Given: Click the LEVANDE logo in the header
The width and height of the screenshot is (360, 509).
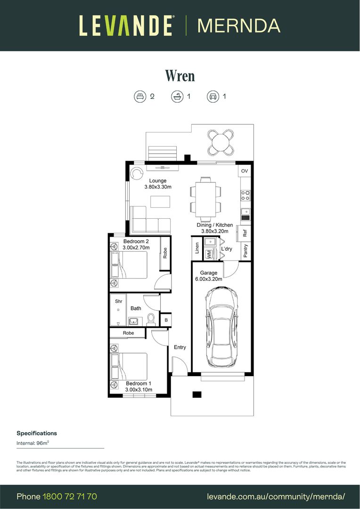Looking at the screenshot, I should [126, 25].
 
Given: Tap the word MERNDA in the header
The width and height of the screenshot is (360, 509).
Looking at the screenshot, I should [239, 25].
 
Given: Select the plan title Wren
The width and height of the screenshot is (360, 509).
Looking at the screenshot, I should [180, 75].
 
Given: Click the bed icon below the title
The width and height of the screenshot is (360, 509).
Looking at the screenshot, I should [140, 97].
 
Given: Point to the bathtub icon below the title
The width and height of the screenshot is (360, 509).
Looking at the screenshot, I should [177, 97].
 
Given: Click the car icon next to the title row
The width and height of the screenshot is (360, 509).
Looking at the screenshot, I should [213, 97].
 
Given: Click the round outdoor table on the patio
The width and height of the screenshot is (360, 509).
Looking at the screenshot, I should [221, 141].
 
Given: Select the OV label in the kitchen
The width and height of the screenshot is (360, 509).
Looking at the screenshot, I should [244, 171].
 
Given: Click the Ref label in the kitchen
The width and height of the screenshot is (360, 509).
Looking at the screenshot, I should [245, 233].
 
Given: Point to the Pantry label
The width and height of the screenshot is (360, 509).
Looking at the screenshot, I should [245, 250].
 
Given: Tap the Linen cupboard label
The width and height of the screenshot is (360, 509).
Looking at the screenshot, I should [196, 248].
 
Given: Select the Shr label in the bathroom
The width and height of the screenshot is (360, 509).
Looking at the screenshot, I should [118, 301].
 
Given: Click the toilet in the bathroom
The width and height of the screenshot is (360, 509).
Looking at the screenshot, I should [151, 320].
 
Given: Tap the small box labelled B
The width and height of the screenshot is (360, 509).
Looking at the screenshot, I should [166, 320].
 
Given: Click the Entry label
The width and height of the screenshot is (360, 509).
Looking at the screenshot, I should [180, 347].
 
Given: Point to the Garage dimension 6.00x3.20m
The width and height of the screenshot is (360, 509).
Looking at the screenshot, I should [209, 279].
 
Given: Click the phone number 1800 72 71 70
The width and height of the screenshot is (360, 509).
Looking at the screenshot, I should [70, 496].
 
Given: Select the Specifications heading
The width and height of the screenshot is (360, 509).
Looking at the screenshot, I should [37, 433].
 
